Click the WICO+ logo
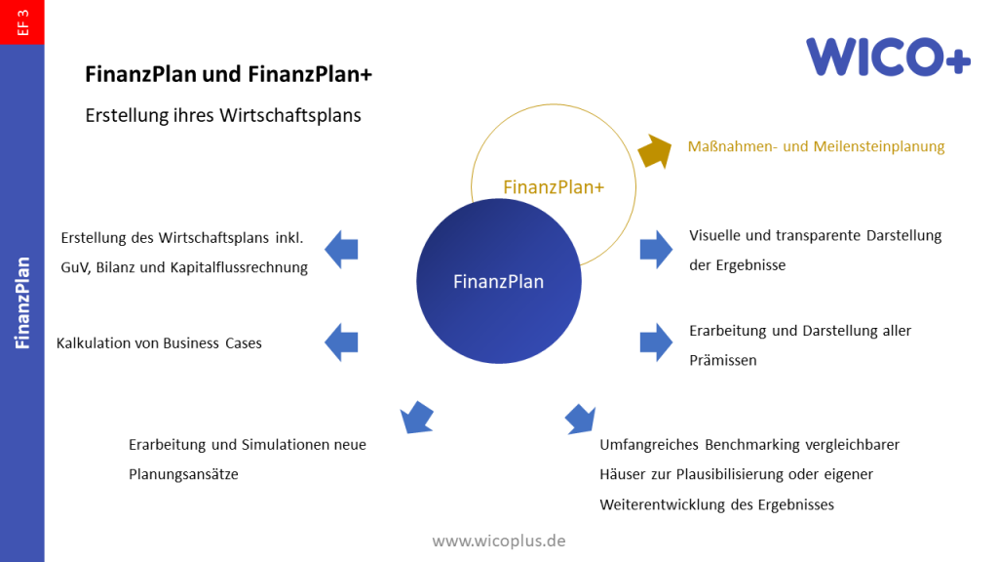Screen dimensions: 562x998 coord(888,57)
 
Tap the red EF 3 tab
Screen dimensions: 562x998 coord(21,21)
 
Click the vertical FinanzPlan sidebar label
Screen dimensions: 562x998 coord(21,302)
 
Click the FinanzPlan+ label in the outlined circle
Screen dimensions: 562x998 coord(554,186)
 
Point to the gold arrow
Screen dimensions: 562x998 coord(655,150)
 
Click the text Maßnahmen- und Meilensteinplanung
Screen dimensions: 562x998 coord(816,146)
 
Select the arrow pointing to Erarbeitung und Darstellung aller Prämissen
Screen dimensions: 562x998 coord(656,341)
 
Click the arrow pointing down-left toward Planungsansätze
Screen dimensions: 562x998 coord(416,417)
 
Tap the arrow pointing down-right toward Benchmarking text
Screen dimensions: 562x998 coord(581,417)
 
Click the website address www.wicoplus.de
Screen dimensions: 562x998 coord(499,540)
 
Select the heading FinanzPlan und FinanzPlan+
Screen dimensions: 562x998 coord(229,74)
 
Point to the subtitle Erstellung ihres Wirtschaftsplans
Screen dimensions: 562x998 coord(223,115)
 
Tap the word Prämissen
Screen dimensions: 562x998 coord(722,360)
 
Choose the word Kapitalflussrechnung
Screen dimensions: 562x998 coord(238,267)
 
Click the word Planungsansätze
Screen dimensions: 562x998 coord(183,474)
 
